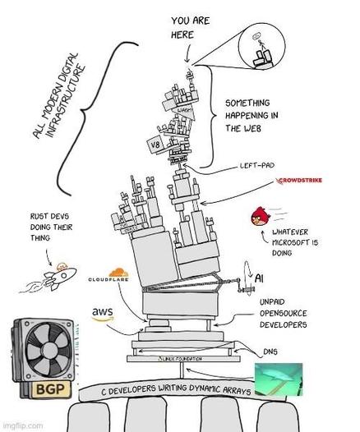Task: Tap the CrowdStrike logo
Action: coord(307,178)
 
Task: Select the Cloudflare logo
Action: coord(112,278)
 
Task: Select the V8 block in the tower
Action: coord(154,145)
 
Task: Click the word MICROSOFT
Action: coord(293,243)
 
